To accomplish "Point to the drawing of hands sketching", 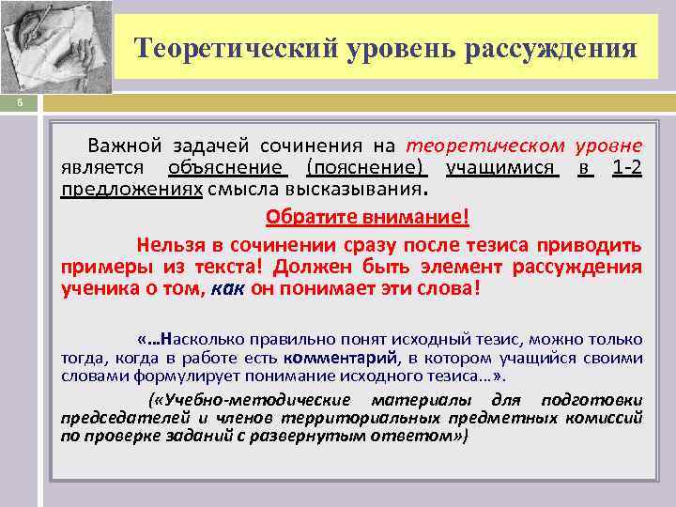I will (56, 47).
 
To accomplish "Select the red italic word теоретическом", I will (485, 146).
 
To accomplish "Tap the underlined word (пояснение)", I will (366, 168).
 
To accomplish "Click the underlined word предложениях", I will (131, 187).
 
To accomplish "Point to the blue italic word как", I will (227, 288).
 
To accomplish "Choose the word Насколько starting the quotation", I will (195, 339).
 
